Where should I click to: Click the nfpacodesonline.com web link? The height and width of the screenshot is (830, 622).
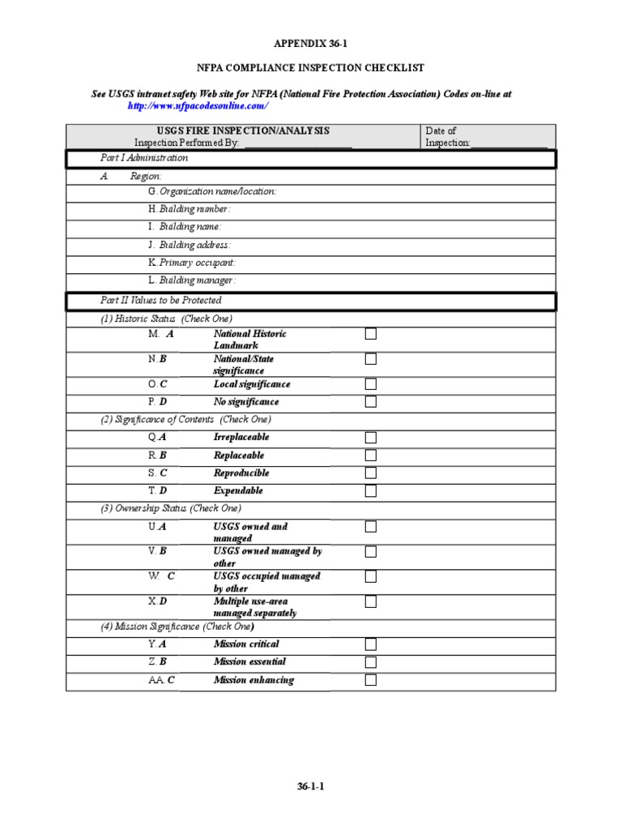pos(198,106)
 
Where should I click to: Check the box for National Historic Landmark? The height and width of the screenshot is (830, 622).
pos(370,334)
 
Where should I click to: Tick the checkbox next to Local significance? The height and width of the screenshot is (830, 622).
pos(370,384)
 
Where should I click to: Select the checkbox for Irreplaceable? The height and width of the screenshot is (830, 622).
pos(370,438)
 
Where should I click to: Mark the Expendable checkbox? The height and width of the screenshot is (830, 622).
pos(370,491)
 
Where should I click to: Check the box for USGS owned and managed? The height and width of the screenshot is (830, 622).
pos(370,527)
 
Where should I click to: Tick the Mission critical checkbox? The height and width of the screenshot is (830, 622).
pos(370,644)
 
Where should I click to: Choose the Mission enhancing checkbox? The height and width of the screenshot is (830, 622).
pos(370,680)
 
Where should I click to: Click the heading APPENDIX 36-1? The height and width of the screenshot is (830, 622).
pos(310,43)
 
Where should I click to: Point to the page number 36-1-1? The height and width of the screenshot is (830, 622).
pos(310,786)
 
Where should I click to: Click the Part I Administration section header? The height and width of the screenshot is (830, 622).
pos(144,158)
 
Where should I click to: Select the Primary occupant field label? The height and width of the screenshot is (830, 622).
pos(192,263)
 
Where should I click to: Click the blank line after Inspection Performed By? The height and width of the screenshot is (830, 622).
pos(296,143)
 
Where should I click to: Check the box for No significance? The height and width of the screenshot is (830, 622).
pos(370,402)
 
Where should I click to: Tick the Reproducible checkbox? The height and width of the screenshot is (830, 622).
pos(370,473)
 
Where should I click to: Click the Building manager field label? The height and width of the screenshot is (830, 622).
pos(192,280)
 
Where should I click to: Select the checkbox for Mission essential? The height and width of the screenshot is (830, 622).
pos(370,662)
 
